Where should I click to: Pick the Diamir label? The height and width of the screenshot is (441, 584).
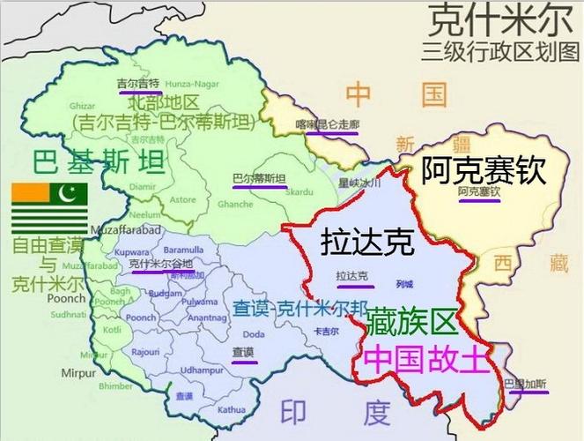143,186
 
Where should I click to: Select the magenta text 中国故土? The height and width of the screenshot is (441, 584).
423,361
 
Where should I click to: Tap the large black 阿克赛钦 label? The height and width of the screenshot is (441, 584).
483,170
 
